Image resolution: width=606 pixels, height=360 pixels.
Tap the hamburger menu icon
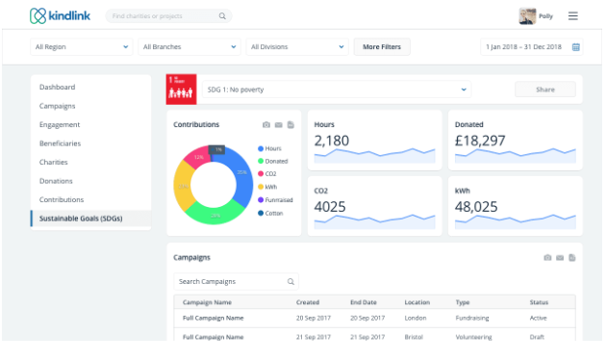point(573,16)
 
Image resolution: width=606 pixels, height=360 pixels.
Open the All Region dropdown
point(82,46)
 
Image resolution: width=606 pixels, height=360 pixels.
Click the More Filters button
point(382,46)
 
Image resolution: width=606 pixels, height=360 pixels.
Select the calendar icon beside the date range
point(576,46)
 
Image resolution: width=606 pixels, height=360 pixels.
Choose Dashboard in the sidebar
point(58,88)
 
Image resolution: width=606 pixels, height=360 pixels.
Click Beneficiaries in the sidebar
point(61,143)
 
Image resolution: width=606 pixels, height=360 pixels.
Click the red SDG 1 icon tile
point(181,89)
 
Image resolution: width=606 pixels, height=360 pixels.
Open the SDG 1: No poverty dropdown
point(337,90)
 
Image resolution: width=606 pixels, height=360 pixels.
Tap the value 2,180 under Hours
point(332,141)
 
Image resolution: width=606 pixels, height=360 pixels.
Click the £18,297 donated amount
point(480,141)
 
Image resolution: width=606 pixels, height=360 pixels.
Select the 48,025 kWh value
point(477,206)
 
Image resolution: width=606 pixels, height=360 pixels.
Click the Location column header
point(417,302)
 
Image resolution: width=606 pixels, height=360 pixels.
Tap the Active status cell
point(539,317)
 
